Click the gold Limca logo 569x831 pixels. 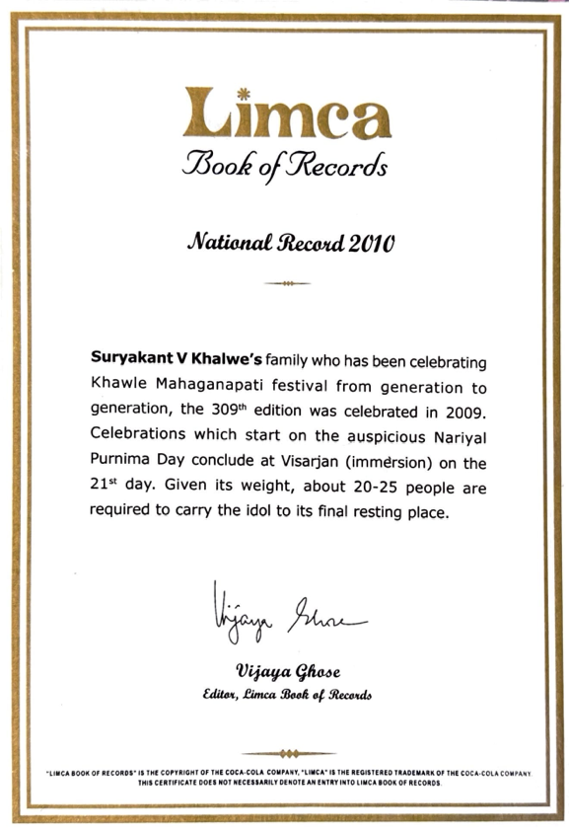(x=286, y=113)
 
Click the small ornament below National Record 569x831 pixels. (x=287, y=283)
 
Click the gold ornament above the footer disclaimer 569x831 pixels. (x=286, y=753)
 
